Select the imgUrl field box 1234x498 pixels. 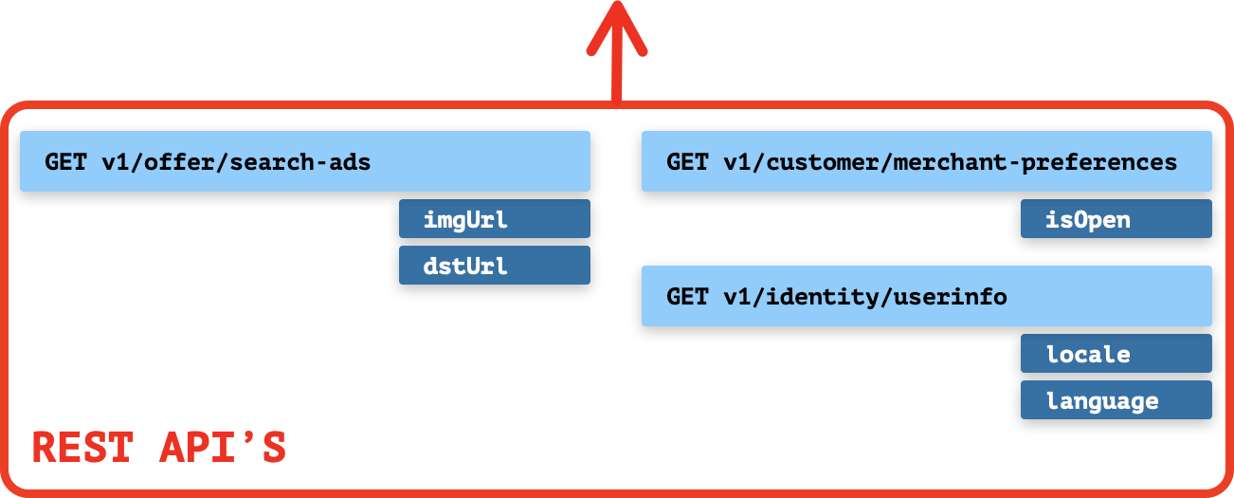(494, 219)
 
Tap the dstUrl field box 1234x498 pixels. (494, 266)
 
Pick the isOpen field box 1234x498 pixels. (1116, 219)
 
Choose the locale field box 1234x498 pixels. (1116, 354)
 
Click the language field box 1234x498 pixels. (1116, 400)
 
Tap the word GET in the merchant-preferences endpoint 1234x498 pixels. (686, 162)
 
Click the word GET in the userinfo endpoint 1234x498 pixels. (686, 297)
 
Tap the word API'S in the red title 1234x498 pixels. (222, 448)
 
